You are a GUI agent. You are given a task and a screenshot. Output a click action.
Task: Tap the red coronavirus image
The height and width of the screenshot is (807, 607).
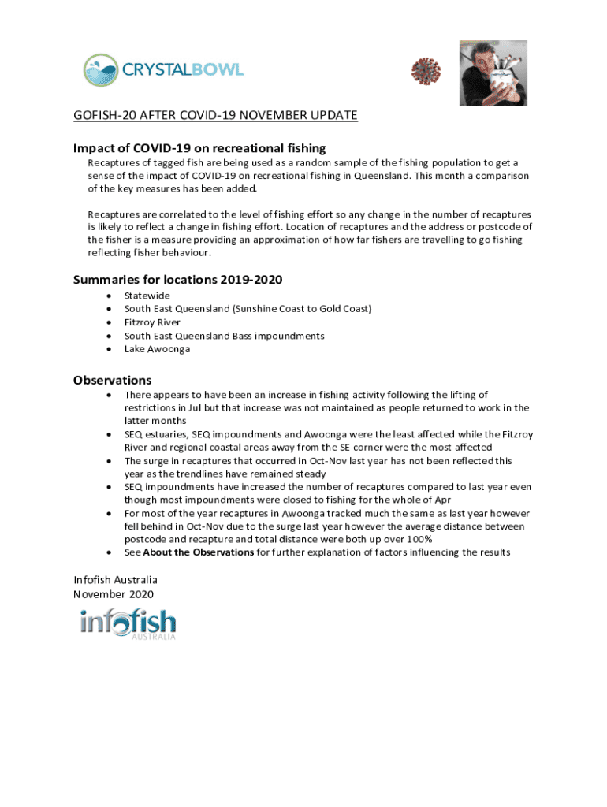pos(426,72)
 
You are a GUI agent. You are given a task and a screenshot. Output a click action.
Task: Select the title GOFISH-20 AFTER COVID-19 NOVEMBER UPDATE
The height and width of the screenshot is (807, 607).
pos(215,116)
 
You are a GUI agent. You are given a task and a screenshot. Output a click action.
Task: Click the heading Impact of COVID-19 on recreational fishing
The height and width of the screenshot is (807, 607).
pos(199,148)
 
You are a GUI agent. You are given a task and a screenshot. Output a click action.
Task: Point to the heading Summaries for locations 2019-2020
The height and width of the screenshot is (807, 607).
pos(177,280)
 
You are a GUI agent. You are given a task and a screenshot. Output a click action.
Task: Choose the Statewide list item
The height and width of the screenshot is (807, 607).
pos(147,296)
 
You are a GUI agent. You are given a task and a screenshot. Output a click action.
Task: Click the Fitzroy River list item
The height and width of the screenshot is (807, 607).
pos(152,322)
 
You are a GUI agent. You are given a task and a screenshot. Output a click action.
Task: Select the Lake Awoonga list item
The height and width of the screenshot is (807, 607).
pos(157,349)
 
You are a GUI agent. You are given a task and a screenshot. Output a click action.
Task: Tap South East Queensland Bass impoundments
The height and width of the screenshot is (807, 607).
pos(224,336)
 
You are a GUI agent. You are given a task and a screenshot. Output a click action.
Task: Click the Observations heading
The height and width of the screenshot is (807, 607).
pos(113,380)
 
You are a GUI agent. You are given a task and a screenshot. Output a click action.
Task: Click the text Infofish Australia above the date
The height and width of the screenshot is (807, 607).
pos(115,581)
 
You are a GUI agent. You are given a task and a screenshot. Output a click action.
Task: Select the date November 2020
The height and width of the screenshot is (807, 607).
pos(114,594)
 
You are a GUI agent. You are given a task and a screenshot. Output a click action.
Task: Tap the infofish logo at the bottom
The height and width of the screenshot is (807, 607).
pos(128,623)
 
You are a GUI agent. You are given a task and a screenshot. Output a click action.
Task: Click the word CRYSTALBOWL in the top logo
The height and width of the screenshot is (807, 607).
pos(183,69)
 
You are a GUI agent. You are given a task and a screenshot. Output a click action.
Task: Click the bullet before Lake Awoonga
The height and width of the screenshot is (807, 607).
pos(107,349)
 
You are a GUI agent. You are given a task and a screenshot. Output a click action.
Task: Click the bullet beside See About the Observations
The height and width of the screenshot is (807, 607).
pos(107,552)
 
